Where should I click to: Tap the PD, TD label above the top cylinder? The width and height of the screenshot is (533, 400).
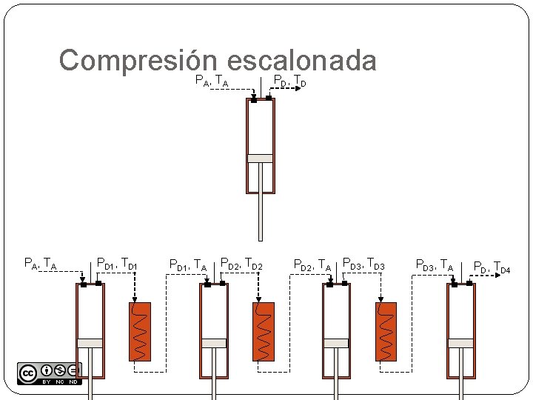tap(289, 81)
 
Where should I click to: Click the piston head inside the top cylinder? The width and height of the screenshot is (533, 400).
tap(260, 158)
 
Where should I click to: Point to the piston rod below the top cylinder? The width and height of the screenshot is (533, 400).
tap(260, 215)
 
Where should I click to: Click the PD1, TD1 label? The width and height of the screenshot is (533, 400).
tap(117, 262)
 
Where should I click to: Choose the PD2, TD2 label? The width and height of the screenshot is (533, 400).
tap(241, 262)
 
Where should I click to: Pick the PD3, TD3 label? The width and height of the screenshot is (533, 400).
tap(363, 262)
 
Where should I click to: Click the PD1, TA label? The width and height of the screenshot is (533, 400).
tap(187, 264)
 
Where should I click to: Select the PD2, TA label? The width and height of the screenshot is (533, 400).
tap(312, 264)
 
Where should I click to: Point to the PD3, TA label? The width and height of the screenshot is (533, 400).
tap(434, 264)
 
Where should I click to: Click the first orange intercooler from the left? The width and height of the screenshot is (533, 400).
tap(139, 331)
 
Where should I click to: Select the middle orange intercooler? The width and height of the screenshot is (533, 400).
tap(263, 331)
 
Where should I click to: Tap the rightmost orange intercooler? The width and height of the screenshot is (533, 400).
tap(386, 331)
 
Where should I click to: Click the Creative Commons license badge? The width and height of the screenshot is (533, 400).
tap(49, 373)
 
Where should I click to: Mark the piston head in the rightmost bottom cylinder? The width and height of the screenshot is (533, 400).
tap(460, 343)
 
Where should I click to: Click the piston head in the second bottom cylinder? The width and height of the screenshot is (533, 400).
tap(214, 343)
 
